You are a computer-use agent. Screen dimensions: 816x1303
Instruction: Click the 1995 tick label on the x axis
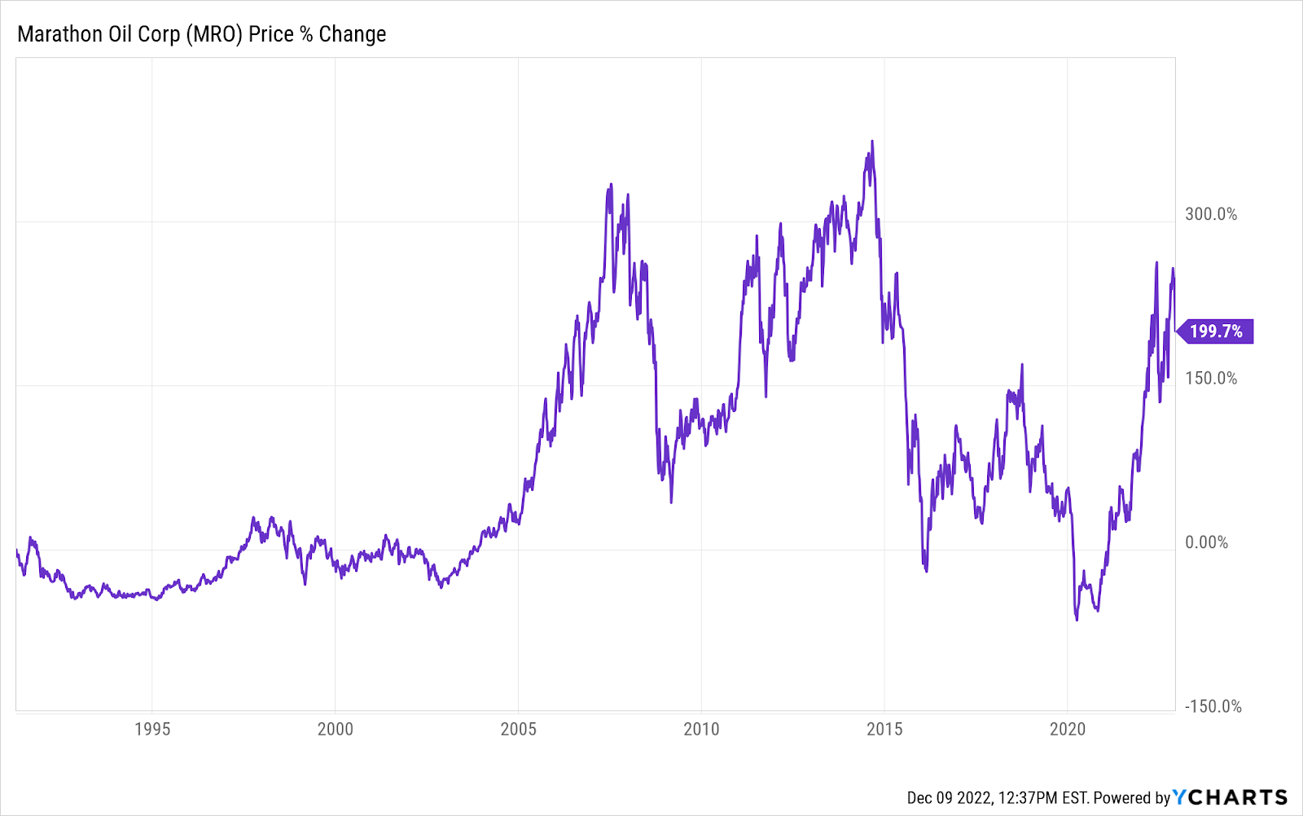(x=152, y=729)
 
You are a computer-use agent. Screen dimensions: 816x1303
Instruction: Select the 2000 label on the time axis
(x=336, y=729)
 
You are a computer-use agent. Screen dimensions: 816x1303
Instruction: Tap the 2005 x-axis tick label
(x=519, y=729)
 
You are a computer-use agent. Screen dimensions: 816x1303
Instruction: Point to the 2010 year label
(x=701, y=729)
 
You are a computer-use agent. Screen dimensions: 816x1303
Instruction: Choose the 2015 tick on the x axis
(x=884, y=729)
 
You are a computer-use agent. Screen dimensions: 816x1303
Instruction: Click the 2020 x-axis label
(x=1068, y=729)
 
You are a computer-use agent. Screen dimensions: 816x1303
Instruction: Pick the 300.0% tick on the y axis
(x=1211, y=214)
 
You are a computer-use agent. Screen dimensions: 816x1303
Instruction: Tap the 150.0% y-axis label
(x=1211, y=379)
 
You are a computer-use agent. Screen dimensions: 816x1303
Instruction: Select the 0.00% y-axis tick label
(x=1207, y=542)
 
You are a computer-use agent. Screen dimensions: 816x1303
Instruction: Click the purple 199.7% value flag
(x=1216, y=331)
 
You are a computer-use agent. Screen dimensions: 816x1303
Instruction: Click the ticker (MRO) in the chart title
(x=214, y=34)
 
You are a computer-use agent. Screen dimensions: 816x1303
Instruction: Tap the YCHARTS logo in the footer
(x=1230, y=796)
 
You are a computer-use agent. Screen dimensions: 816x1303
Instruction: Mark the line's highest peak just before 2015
(x=872, y=141)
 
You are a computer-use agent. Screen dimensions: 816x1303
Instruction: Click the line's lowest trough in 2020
(x=1077, y=620)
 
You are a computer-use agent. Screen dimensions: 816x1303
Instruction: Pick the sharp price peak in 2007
(x=611, y=185)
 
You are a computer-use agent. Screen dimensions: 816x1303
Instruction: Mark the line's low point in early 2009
(x=671, y=502)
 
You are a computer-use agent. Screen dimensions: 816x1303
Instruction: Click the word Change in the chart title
(x=352, y=34)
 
